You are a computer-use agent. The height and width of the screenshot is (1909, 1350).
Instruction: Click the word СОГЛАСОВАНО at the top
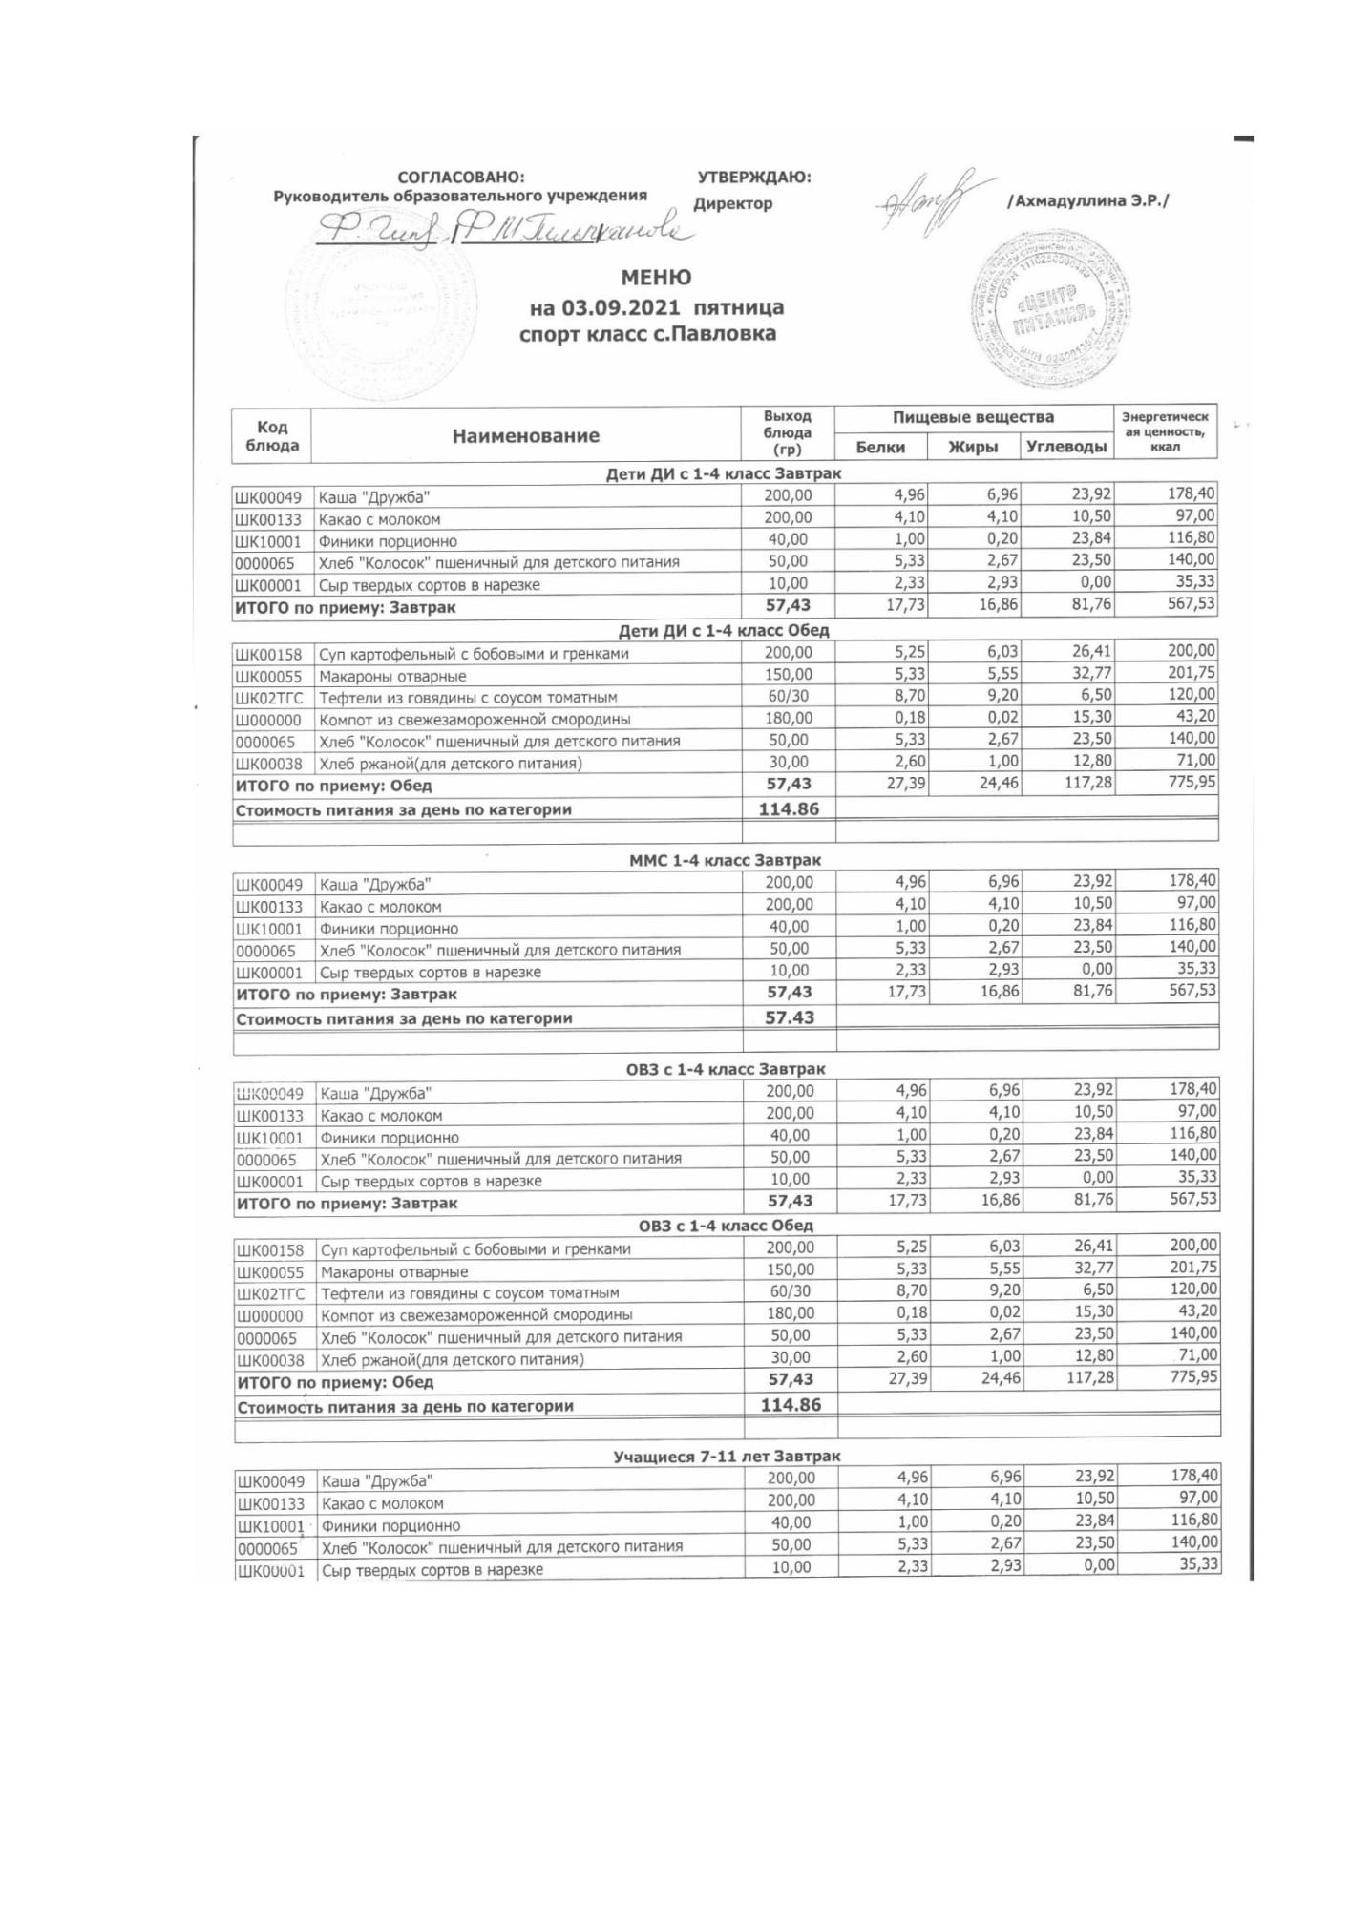tap(461, 178)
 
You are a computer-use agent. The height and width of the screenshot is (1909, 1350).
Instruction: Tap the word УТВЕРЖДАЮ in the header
tap(754, 178)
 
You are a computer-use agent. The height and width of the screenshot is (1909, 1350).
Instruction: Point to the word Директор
tap(732, 203)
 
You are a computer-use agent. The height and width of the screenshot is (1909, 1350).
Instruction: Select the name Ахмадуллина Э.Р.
tap(1087, 201)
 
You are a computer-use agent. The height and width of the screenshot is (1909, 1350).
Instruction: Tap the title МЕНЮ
tap(656, 278)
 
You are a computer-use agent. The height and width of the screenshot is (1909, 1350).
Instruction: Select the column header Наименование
tap(526, 436)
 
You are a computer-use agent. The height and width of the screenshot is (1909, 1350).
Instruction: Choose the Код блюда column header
tap(272, 436)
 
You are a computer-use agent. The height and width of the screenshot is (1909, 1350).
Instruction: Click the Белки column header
tap(880, 447)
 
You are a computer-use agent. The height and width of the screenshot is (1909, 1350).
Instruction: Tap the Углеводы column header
tap(1066, 447)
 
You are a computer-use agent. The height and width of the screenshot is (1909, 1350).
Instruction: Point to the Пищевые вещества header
tap(973, 417)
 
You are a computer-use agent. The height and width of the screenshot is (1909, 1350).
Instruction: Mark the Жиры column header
tap(973, 447)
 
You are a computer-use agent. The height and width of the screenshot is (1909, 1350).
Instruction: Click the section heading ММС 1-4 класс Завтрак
tap(725, 860)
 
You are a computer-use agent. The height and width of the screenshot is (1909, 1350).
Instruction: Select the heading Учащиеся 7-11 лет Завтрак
tap(726, 1457)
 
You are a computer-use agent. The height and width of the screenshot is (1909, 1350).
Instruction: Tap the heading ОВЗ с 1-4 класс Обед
tap(726, 1226)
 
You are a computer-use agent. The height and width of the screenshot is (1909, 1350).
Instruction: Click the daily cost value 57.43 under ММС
tap(790, 1018)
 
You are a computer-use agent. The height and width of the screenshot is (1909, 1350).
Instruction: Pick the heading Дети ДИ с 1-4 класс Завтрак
tap(724, 473)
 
